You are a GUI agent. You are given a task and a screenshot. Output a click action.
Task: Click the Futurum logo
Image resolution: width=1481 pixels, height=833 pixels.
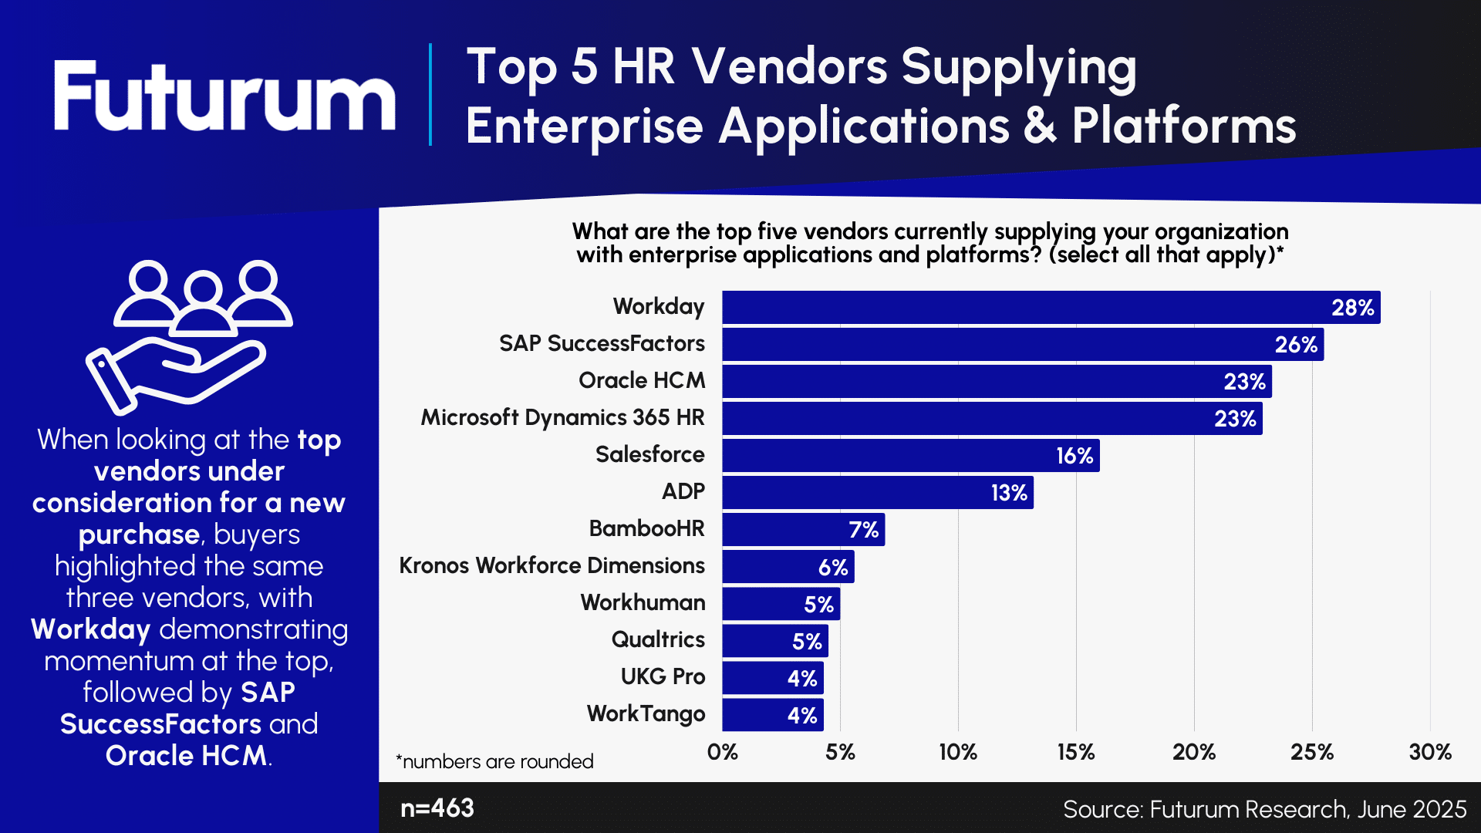pyautogui.click(x=224, y=96)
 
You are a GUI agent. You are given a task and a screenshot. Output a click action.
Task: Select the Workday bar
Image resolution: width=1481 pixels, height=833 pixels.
pyautogui.click(x=1051, y=307)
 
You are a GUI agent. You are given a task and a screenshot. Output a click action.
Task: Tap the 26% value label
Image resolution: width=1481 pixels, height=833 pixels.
pyautogui.click(x=1296, y=345)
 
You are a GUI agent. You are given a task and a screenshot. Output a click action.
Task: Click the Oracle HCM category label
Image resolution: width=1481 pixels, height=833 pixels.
pyautogui.click(x=641, y=380)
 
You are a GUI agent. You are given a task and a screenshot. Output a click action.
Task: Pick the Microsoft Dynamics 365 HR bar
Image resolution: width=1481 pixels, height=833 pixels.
pyautogui.click(x=991, y=418)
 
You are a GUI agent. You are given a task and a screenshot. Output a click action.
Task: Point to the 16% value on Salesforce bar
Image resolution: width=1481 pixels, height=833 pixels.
pyautogui.click(x=1074, y=456)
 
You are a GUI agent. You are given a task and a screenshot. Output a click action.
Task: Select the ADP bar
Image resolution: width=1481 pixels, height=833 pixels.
pyautogui.click(x=877, y=492)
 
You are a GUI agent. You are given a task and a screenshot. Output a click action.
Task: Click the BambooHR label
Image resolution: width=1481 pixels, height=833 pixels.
pyautogui.click(x=646, y=528)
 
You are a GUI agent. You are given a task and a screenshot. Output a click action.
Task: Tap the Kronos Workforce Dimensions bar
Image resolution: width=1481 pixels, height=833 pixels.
pyautogui.click(x=788, y=567)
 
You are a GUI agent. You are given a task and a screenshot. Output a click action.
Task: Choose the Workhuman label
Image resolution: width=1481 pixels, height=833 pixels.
pyautogui.click(x=643, y=602)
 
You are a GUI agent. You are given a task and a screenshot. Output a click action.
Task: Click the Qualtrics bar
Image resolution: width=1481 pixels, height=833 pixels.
pyautogui.click(x=774, y=641)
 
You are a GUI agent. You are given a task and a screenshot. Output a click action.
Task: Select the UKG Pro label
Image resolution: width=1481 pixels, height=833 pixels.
pyautogui.click(x=663, y=676)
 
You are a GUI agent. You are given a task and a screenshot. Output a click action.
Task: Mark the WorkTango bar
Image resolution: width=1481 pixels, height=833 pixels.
pyautogui.click(x=772, y=715)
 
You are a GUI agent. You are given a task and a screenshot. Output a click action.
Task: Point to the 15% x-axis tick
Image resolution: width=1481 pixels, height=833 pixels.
pyautogui.click(x=1076, y=752)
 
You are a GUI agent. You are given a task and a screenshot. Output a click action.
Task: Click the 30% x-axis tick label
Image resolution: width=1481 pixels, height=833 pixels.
pyautogui.click(x=1429, y=752)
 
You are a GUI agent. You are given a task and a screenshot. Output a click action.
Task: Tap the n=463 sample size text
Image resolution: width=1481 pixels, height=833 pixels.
pyautogui.click(x=437, y=808)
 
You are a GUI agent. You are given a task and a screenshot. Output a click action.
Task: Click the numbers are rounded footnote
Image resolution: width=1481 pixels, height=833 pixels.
pyautogui.click(x=494, y=761)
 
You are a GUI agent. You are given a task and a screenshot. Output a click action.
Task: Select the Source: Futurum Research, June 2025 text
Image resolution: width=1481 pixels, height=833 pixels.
pyautogui.click(x=1264, y=809)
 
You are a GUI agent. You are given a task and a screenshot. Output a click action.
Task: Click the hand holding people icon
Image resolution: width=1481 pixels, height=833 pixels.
pyautogui.click(x=189, y=336)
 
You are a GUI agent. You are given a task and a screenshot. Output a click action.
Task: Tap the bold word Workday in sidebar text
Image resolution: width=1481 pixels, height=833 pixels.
pyautogui.click(x=90, y=629)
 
